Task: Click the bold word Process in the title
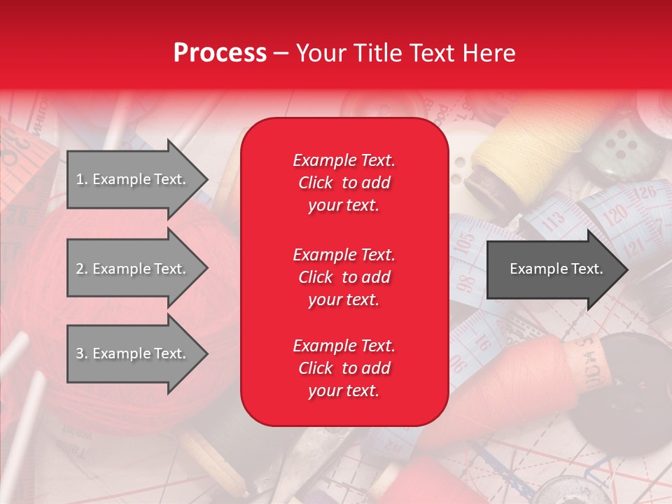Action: [x=220, y=52]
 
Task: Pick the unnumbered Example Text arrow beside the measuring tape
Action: [x=556, y=269]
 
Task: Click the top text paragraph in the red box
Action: [x=344, y=183]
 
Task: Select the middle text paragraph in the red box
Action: [x=344, y=277]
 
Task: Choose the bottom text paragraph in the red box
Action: [x=344, y=368]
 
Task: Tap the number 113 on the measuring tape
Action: [x=554, y=222]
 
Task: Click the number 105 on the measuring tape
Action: [x=463, y=244]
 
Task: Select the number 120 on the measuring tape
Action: [x=615, y=216]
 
